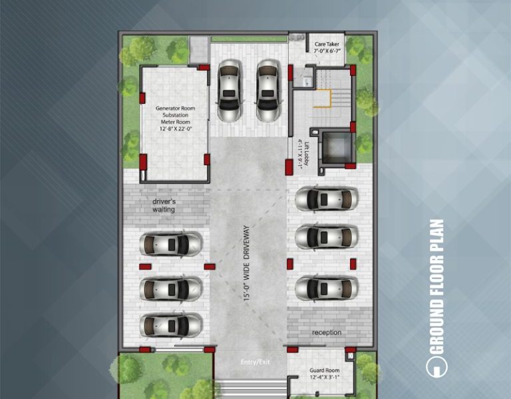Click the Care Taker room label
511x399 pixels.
tap(327, 43)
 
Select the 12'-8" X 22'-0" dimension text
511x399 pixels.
tap(175, 129)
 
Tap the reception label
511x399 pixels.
tap(326, 332)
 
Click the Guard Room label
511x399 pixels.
tap(324, 371)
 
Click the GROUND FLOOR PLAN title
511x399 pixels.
tap(436, 286)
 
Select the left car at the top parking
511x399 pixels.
tap(229, 91)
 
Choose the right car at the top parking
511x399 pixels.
tap(268, 91)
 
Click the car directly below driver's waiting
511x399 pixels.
tap(171, 244)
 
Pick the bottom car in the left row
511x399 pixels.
tap(171, 325)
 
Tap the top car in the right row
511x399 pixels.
tap(327, 198)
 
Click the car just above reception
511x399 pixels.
tap(327, 288)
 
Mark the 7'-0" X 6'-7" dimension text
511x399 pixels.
tap(327, 51)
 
